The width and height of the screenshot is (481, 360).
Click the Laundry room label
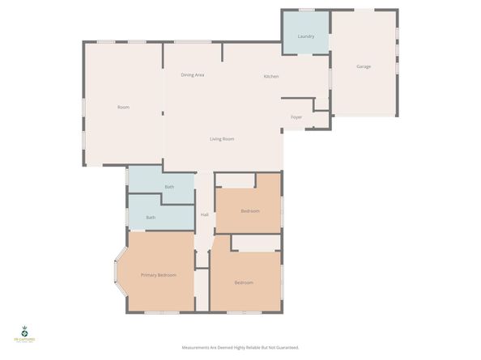tap(305, 36)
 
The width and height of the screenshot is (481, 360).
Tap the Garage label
tap(364, 66)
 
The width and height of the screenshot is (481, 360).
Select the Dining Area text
tap(192, 75)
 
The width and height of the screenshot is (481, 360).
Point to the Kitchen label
tap(271, 76)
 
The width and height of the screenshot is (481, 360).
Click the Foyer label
tap(296, 117)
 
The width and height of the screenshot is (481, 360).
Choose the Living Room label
tap(222, 139)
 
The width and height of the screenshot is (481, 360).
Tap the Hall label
tap(205, 214)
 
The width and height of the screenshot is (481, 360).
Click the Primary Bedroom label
tap(159, 275)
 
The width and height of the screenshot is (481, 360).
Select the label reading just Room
tap(123, 108)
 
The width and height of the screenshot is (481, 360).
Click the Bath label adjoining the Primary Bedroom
tap(151, 218)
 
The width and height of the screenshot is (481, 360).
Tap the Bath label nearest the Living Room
tap(169, 188)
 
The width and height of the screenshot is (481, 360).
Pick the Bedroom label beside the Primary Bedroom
tap(244, 282)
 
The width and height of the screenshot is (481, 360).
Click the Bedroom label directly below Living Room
tap(250, 211)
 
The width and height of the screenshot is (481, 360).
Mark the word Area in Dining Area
tap(198, 75)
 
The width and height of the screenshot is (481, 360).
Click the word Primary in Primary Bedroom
tap(149, 275)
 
